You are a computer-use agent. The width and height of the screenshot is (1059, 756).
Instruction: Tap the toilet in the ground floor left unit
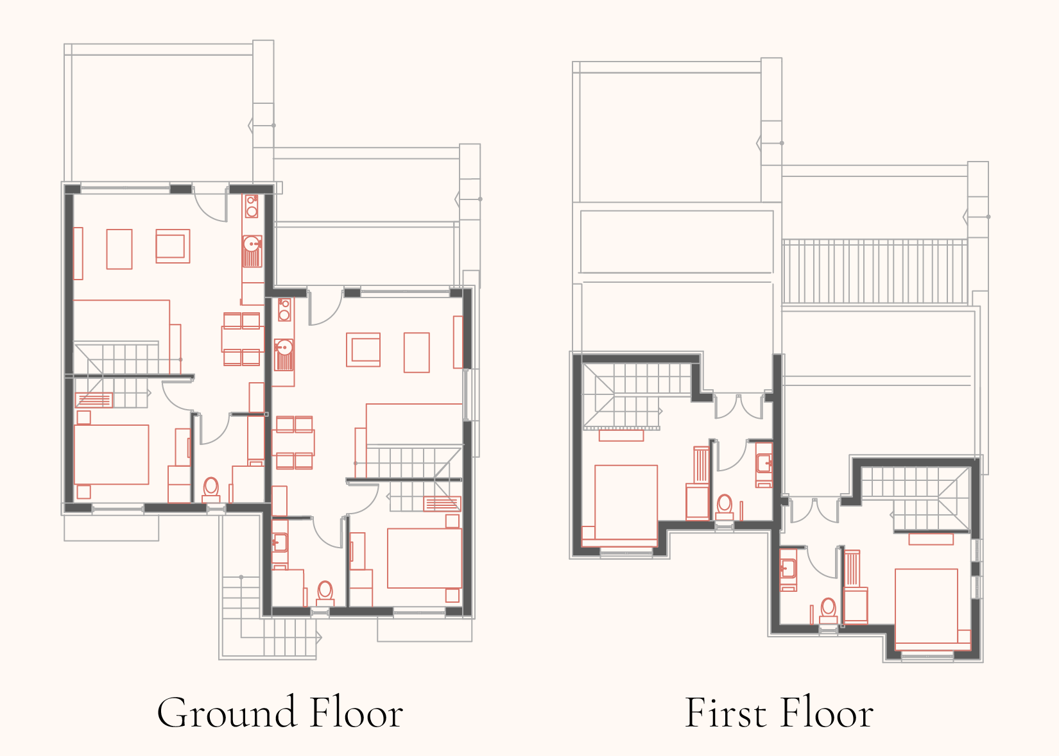point(211,490)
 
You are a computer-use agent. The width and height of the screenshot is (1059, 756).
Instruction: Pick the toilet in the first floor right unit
point(828,611)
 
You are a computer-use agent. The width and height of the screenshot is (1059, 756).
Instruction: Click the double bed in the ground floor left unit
point(112,454)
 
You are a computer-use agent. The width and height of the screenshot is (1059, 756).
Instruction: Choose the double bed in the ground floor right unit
point(424,558)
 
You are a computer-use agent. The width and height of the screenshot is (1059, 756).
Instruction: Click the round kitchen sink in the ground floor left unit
point(252,244)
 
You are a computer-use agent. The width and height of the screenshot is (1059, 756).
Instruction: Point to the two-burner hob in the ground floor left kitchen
point(252,206)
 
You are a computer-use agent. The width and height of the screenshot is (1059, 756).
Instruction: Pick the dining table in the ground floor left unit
point(241,339)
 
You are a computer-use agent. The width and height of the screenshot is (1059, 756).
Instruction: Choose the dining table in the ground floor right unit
point(293,442)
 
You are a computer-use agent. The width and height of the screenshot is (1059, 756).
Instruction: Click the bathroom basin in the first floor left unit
point(764,465)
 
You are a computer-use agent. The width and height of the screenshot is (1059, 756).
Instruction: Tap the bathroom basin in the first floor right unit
point(788,569)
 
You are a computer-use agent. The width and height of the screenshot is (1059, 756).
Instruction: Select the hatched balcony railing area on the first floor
point(875,271)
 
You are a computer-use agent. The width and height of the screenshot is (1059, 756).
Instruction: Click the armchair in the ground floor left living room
point(173,246)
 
